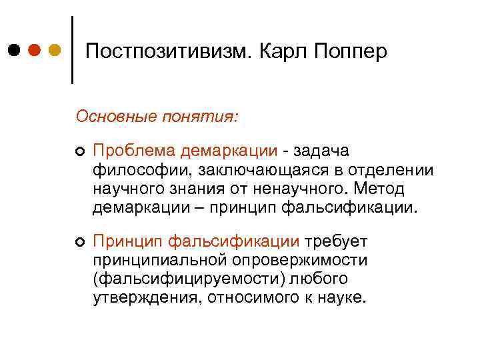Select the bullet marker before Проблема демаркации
79,153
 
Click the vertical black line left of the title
71,50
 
